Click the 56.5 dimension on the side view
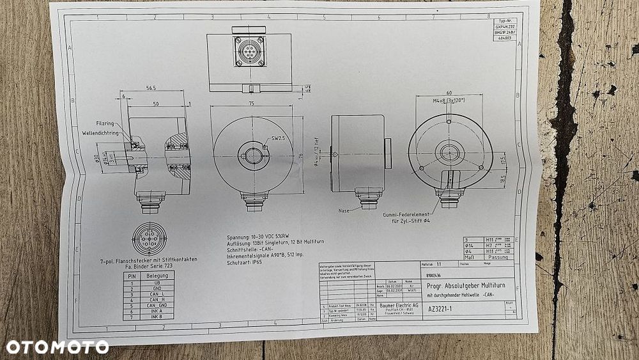pos(151,88)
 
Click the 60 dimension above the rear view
pos(449,92)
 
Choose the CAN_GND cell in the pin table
pos(157,304)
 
